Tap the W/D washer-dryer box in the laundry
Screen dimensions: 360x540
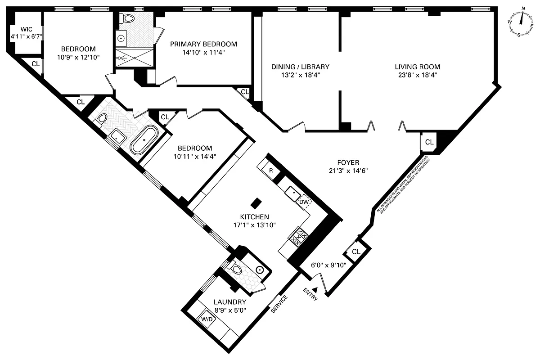pyautogui.click(x=207, y=319)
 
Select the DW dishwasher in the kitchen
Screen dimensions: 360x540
pyautogui.click(x=304, y=202)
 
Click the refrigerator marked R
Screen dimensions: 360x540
pyautogui.click(x=271, y=171)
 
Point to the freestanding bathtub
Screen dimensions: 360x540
pyautogui.click(x=144, y=140)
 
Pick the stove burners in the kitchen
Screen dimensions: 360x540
pyautogui.click(x=297, y=236)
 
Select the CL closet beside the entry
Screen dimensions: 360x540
pyautogui.click(x=356, y=252)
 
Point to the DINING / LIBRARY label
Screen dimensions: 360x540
pyautogui.click(x=300, y=67)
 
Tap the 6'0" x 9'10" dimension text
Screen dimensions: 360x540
pyautogui.click(x=328, y=265)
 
